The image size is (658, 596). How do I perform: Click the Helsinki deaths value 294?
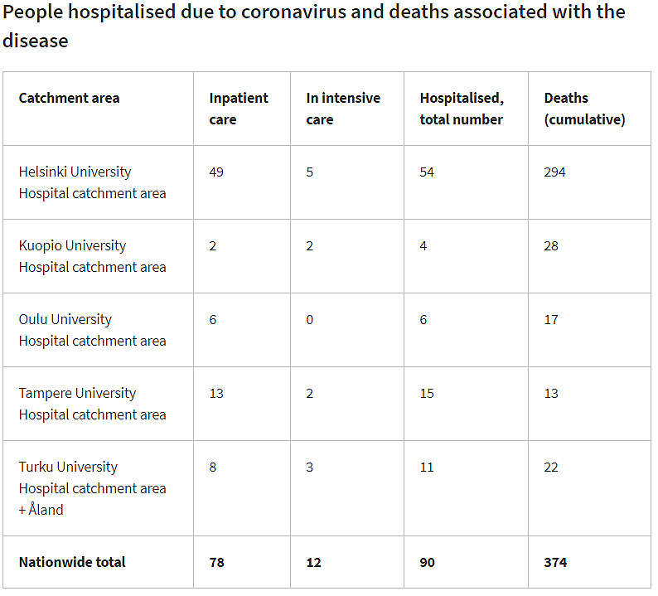tap(554, 172)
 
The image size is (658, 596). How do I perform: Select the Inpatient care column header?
tap(239, 109)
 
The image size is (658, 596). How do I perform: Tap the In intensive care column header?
tap(343, 109)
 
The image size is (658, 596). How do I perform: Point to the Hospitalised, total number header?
tap(462, 109)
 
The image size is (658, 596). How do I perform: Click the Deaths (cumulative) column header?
tap(584, 109)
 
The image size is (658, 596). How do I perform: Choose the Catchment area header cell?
tap(69, 98)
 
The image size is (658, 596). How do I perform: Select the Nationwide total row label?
tap(72, 562)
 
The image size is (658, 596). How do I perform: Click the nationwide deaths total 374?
tap(555, 562)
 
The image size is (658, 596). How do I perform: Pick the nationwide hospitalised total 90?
tap(428, 562)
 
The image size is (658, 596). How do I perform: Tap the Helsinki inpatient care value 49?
tap(216, 172)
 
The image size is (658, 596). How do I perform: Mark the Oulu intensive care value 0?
tap(310, 320)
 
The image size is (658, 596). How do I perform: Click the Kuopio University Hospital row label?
tap(92, 256)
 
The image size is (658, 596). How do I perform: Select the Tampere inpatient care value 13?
tap(216, 394)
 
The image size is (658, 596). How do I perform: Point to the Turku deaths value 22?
tap(551, 468)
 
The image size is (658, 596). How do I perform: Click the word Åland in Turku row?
tap(46, 510)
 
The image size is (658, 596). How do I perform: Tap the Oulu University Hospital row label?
tap(92, 330)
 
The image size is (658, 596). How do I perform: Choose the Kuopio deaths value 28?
tap(551, 246)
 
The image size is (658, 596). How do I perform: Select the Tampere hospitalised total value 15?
tap(427, 394)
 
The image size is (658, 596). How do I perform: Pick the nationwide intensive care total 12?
tap(313, 562)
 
